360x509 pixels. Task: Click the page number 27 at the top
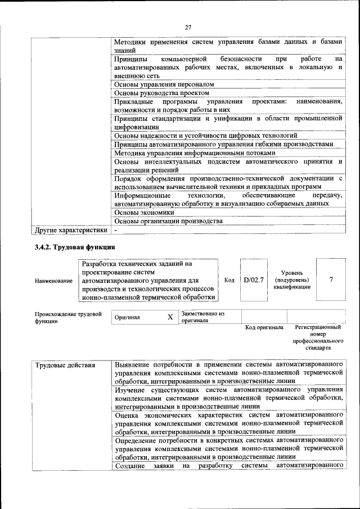click(x=187, y=25)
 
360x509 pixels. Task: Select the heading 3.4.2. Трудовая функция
click(x=75, y=247)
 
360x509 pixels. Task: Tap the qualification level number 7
click(x=331, y=280)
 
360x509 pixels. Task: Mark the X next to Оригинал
click(x=170, y=317)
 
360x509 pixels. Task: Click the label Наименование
click(x=53, y=281)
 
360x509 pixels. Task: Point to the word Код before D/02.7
click(x=229, y=280)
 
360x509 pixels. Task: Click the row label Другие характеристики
click(x=71, y=230)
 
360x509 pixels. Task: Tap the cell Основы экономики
click(x=144, y=213)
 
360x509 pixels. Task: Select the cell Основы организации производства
click(x=169, y=221)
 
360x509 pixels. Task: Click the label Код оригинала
click(x=264, y=327)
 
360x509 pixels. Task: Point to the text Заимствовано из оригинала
click(x=202, y=317)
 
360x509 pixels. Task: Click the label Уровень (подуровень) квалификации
click(x=291, y=280)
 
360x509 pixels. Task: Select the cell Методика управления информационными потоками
click(x=195, y=153)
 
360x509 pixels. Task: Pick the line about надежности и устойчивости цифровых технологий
click(x=205, y=136)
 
